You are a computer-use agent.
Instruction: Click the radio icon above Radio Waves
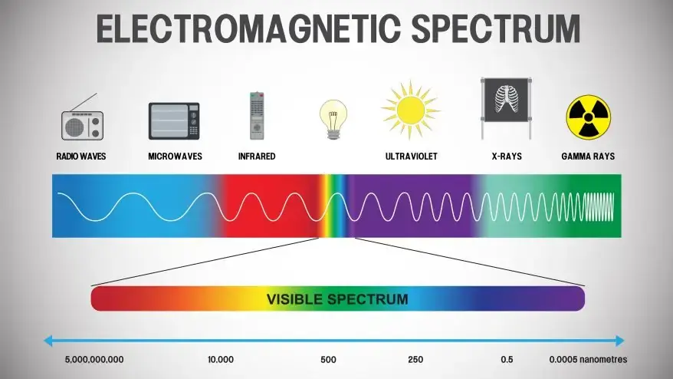click(x=81, y=122)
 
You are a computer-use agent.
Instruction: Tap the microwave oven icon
click(x=174, y=121)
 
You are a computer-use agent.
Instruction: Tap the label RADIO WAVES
click(x=81, y=157)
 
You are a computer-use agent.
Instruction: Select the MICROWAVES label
click(x=175, y=157)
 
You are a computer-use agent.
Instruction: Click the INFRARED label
click(x=257, y=157)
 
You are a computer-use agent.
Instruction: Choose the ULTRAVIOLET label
click(x=411, y=157)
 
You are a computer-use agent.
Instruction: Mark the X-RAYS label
click(x=506, y=157)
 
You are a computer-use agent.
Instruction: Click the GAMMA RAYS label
click(x=588, y=157)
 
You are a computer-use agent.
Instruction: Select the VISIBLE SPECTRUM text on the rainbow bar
click(x=336, y=298)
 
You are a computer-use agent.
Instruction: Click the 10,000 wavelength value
click(x=221, y=359)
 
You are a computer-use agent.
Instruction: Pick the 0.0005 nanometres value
click(x=588, y=359)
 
